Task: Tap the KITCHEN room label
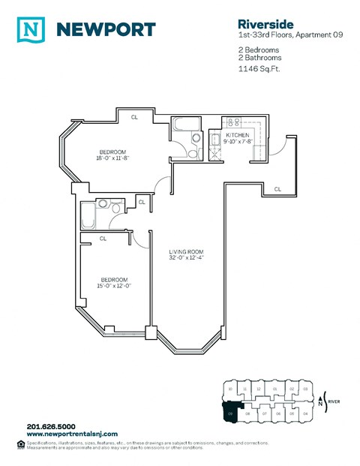point(237,135)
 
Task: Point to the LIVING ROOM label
point(186,251)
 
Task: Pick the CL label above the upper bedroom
point(135,116)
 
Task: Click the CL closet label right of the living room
point(277,188)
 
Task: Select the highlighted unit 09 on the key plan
point(231,412)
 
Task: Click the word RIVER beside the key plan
point(337,401)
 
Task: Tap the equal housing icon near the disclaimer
point(19,443)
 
